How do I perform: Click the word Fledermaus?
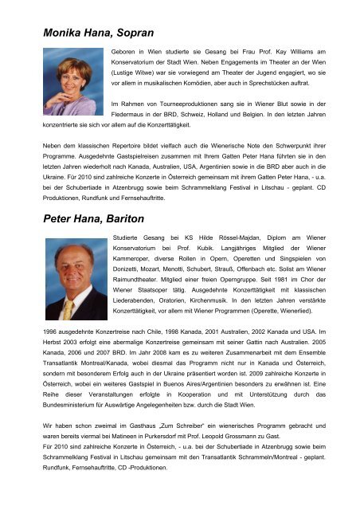point(132,113)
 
